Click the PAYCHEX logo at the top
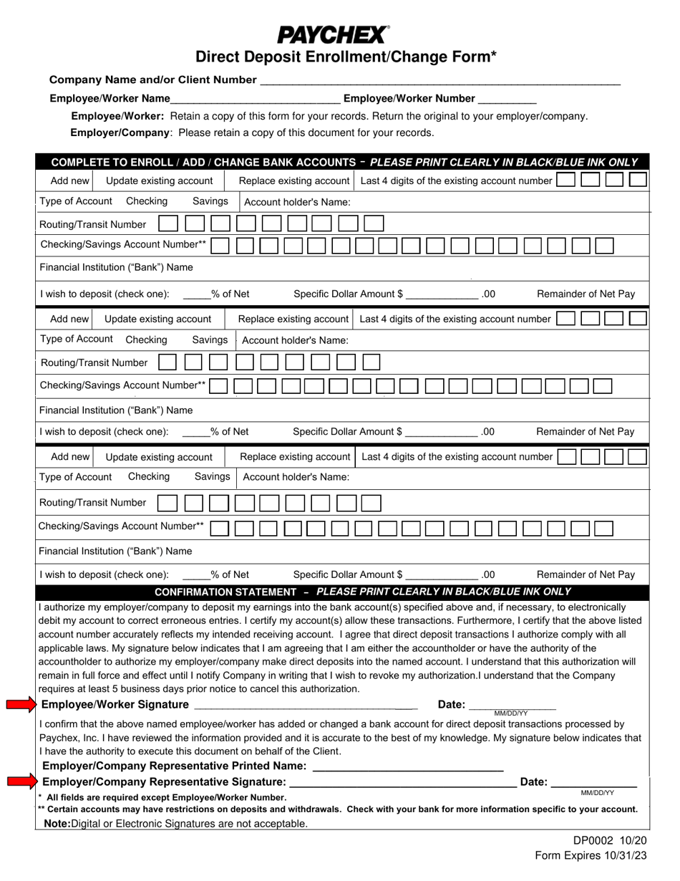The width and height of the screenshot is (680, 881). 333,34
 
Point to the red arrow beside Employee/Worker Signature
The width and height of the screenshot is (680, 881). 21,706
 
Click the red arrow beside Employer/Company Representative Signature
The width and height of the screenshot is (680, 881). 21,781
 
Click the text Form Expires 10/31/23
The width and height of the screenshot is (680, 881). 584,856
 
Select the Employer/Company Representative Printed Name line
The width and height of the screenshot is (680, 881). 408,768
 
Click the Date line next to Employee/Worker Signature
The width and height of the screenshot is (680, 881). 512,707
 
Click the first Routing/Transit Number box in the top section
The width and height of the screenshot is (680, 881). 168,224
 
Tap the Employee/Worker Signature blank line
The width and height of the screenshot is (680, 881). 304,707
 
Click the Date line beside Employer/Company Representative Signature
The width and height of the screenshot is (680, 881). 593,784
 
